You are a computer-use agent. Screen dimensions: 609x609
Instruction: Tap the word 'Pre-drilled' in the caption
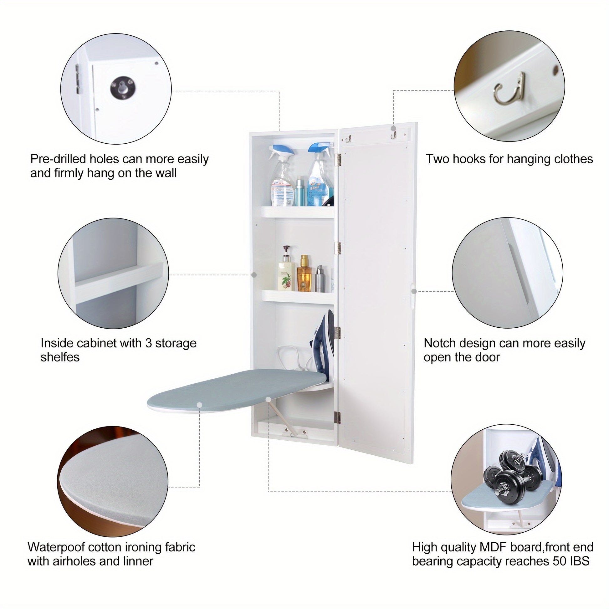[x=58, y=159]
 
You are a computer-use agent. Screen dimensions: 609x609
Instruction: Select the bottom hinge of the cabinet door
[x=338, y=417]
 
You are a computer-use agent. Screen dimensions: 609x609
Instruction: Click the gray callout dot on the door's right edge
[x=414, y=291]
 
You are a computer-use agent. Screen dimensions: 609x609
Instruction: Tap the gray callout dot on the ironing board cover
[x=199, y=405]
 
